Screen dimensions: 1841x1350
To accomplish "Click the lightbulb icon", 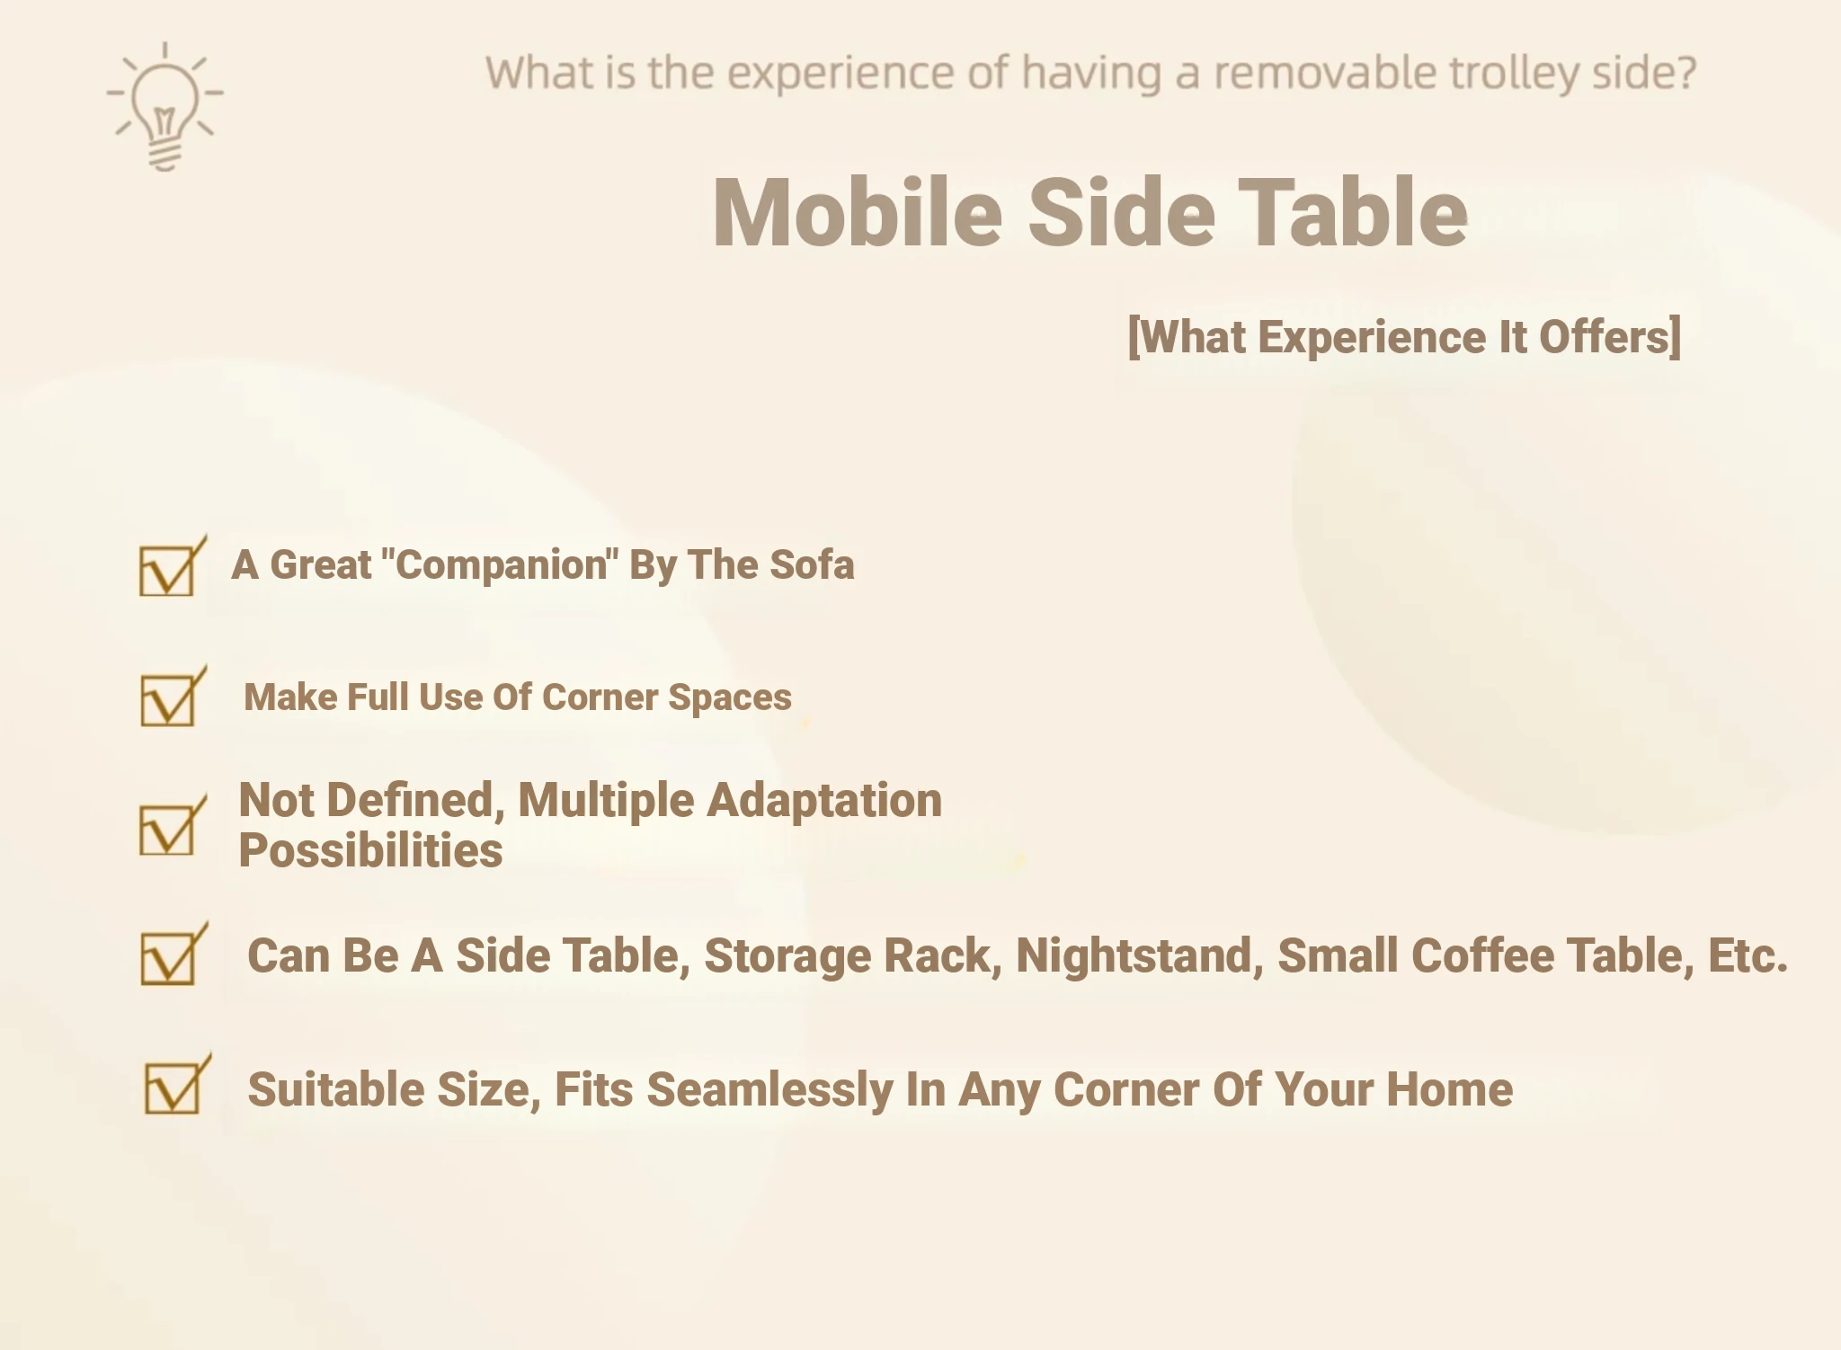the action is click(165, 106).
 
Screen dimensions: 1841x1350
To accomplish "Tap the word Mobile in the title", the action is click(857, 213).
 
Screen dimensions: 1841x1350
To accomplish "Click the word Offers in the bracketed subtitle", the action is click(1609, 337).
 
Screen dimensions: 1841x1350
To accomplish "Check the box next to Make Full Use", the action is click(173, 696).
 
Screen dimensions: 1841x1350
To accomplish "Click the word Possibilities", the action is click(370, 850).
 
